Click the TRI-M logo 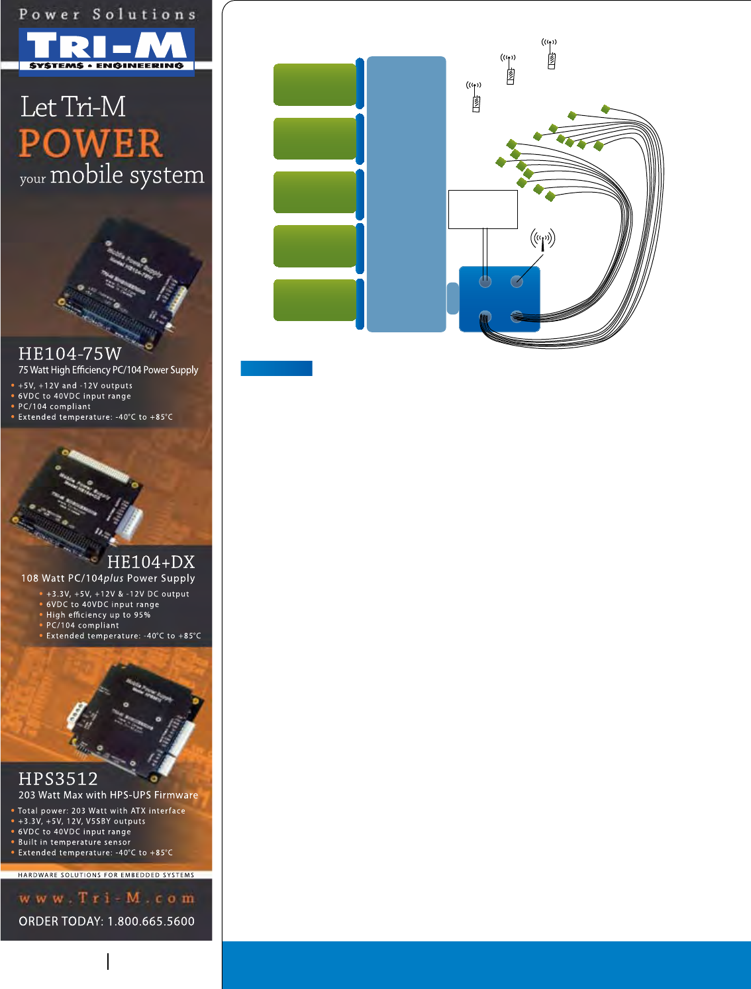tap(107, 48)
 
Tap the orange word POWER tap(91, 143)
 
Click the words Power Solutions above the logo tap(107, 14)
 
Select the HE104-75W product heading tap(70, 353)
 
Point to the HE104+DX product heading tap(151, 562)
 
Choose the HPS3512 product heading tap(58, 778)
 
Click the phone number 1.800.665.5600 tap(151, 921)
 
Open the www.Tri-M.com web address tap(107, 898)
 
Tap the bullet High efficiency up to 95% tap(98, 615)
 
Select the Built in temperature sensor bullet tap(74, 842)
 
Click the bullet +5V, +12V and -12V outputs tap(75, 385)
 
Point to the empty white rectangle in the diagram tap(483, 209)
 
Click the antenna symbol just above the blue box tap(542, 239)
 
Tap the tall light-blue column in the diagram tap(406, 193)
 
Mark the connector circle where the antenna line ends tap(517, 282)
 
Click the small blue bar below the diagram tap(276, 369)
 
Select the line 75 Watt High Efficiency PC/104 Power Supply tap(108, 370)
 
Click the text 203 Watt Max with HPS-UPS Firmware tap(108, 795)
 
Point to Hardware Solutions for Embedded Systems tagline tap(106, 875)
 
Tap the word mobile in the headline tap(87, 175)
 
